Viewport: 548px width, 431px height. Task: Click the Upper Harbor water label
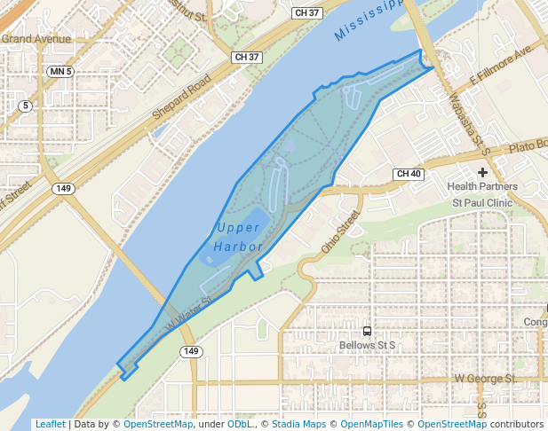click(238, 237)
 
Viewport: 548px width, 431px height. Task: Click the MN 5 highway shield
click(60, 71)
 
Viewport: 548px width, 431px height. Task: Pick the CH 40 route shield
click(409, 174)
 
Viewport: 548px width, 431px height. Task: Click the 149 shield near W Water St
click(190, 352)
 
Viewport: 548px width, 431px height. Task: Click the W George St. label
click(485, 379)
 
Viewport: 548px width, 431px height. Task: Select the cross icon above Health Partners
click(482, 173)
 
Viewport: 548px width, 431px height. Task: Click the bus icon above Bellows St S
click(367, 330)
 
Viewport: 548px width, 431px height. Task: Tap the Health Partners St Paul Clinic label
click(483, 194)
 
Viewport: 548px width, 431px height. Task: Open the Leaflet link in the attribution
click(50, 424)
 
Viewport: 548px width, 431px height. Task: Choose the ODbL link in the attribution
click(240, 424)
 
